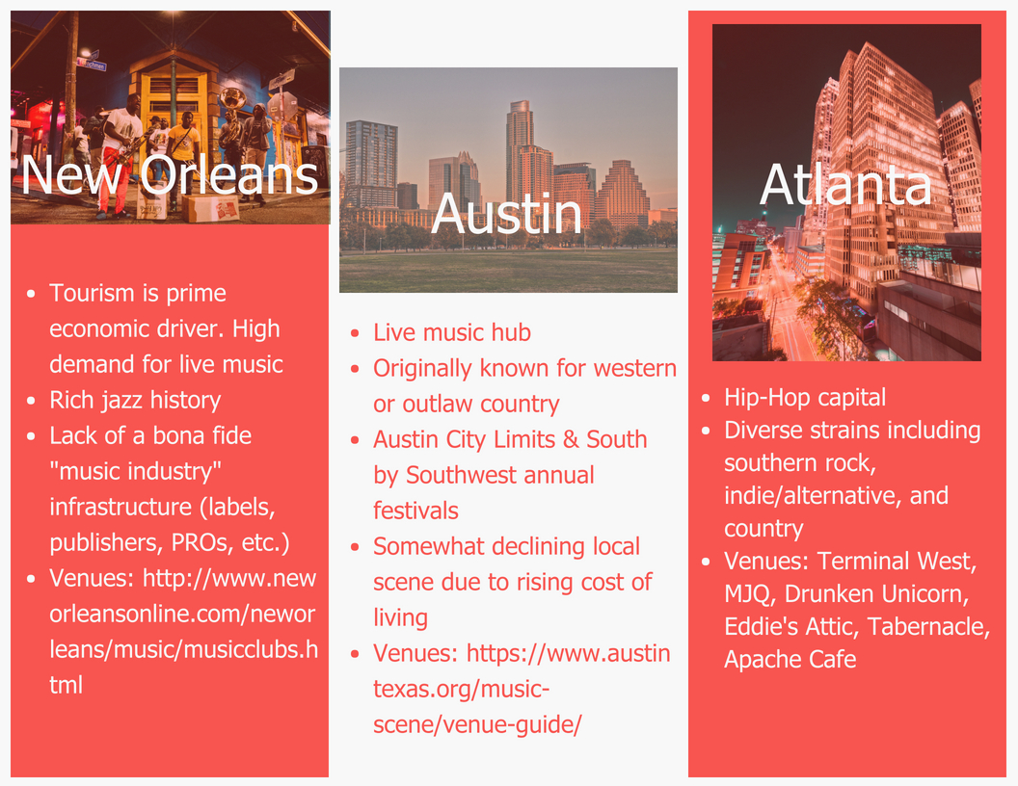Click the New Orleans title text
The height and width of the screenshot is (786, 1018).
[x=170, y=174]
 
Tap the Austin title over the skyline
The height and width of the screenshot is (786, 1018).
[x=507, y=213]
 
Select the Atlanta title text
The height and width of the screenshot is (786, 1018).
[x=845, y=185]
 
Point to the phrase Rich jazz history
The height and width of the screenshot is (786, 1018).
[x=135, y=400]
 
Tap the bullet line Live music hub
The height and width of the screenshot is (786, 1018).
[x=452, y=332]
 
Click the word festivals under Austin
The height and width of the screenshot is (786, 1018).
[x=416, y=511]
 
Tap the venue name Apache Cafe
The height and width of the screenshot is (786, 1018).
[x=790, y=659]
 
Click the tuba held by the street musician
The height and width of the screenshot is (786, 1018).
[x=232, y=99]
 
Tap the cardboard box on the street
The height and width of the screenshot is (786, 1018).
[x=212, y=207]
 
